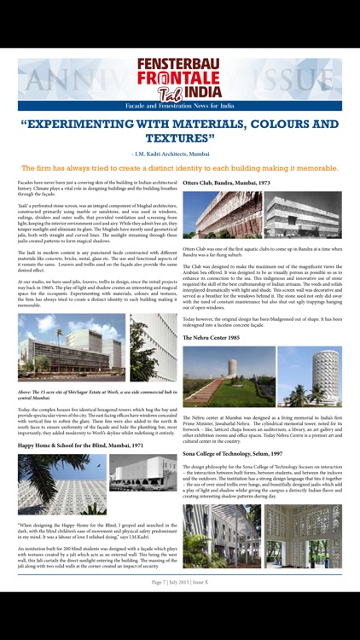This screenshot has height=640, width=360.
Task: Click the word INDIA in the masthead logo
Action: point(201,91)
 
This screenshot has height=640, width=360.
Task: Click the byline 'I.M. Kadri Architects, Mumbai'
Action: point(179,154)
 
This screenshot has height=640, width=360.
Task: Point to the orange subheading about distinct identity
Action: point(179,168)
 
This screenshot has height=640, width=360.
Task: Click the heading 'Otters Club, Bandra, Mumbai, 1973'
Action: point(226,183)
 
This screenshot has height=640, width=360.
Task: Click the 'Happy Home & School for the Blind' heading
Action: point(80,445)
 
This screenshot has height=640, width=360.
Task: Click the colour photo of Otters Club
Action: point(222,214)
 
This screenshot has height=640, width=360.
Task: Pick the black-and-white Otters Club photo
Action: point(302,214)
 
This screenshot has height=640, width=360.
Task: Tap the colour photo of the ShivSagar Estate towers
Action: point(72,347)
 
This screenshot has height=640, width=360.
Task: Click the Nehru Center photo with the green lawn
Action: point(227,376)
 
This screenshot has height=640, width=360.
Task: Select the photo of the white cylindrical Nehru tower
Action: point(309,376)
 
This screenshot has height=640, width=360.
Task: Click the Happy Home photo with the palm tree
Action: point(62,484)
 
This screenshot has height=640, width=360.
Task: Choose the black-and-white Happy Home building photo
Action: point(142,472)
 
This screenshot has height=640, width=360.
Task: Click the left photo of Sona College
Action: point(221,535)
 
